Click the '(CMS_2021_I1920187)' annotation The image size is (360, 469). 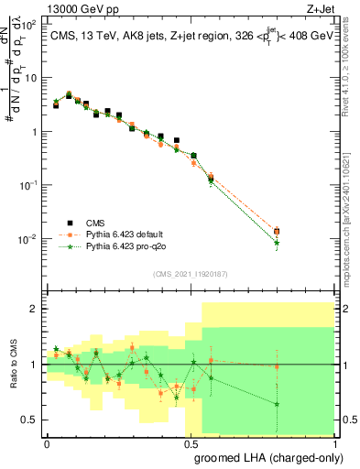pos(191,273)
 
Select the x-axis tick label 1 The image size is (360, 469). pos(335,442)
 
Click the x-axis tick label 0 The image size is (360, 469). pos(47,442)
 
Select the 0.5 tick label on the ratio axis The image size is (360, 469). pos(31,420)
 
